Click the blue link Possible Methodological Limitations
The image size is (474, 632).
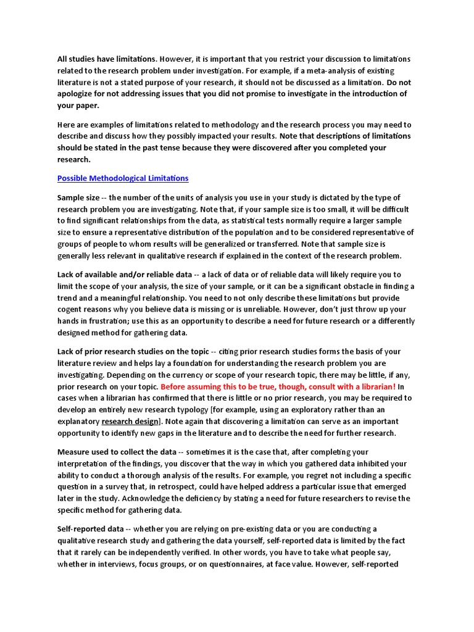(123, 178)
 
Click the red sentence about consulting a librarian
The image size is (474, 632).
(278, 386)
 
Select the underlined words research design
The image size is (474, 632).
(129, 422)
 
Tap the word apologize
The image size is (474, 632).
(82, 94)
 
